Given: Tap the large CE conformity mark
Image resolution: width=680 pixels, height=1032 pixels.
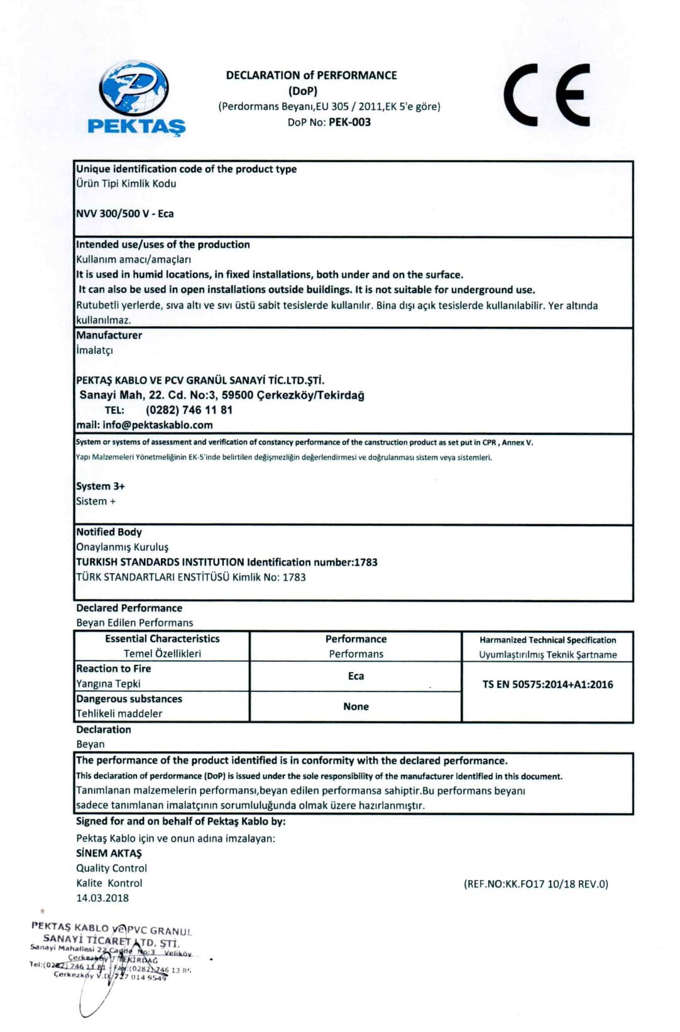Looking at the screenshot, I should pyautogui.click(x=547, y=95).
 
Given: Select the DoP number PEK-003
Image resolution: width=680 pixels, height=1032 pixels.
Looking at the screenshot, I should pyautogui.click(x=349, y=122).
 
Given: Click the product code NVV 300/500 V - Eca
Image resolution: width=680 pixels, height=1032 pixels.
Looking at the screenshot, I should pyautogui.click(x=125, y=214).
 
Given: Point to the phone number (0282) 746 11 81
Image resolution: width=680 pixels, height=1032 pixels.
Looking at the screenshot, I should pyautogui.click(x=189, y=410).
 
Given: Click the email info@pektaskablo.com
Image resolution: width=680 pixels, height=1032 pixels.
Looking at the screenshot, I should pyautogui.click(x=157, y=425).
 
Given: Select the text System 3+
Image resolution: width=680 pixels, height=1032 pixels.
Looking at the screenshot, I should pyautogui.click(x=101, y=486).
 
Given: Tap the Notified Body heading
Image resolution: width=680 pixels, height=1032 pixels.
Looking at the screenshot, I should pyautogui.click(x=109, y=532).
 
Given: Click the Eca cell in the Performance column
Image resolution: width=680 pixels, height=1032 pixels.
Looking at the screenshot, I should pyautogui.click(x=356, y=676).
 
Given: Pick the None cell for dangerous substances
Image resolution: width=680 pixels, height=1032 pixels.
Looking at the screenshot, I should pyautogui.click(x=356, y=706).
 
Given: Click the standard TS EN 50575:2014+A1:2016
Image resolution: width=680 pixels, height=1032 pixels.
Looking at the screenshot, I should pyautogui.click(x=547, y=684).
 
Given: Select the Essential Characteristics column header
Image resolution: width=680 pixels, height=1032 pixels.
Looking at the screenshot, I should pyautogui.click(x=162, y=639).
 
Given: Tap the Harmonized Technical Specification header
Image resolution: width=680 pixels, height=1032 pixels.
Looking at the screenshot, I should pyautogui.click(x=547, y=640).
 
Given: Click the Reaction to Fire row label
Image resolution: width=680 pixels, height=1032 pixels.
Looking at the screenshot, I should pyautogui.click(x=114, y=669).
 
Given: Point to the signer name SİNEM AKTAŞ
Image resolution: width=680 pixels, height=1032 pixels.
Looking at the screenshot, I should pyautogui.click(x=109, y=853).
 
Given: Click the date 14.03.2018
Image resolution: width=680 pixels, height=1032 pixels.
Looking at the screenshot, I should pyautogui.click(x=102, y=898).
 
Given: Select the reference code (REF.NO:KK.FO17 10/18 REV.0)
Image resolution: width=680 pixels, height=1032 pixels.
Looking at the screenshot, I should pyautogui.click(x=536, y=884).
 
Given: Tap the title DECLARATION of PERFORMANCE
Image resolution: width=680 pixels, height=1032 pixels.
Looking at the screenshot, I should pyautogui.click(x=311, y=75).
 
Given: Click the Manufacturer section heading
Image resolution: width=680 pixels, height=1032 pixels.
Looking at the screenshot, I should pyautogui.click(x=109, y=336).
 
